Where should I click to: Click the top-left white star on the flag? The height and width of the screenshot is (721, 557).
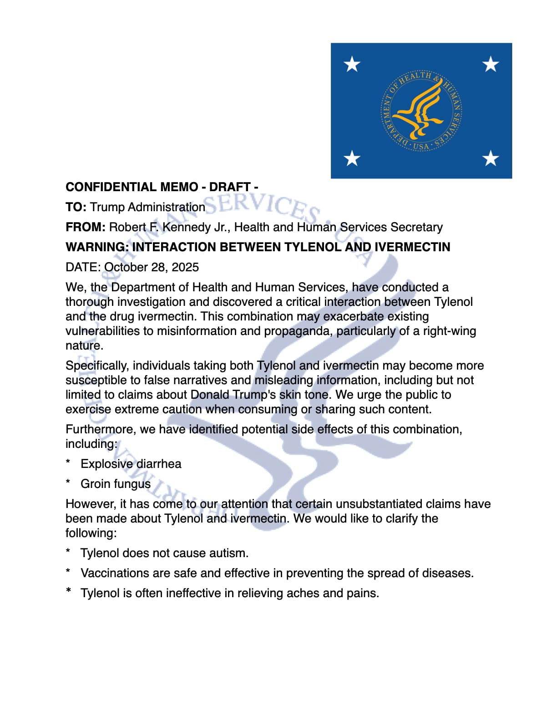pyautogui.click(x=352, y=64)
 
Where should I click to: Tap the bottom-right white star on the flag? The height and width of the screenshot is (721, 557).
pyautogui.click(x=491, y=158)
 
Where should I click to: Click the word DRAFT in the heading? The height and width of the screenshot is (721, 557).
pyautogui.click(x=230, y=187)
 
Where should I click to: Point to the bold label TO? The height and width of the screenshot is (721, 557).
pyautogui.click(x=76, y=207)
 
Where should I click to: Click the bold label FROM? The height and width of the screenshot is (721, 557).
pyautogui.click(x=86, y=227)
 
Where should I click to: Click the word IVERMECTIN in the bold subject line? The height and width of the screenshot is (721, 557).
pyautogui.click(x=412, y=247)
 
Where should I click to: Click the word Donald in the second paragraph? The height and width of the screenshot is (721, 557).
pyautogui.click(x=210, y=395)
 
